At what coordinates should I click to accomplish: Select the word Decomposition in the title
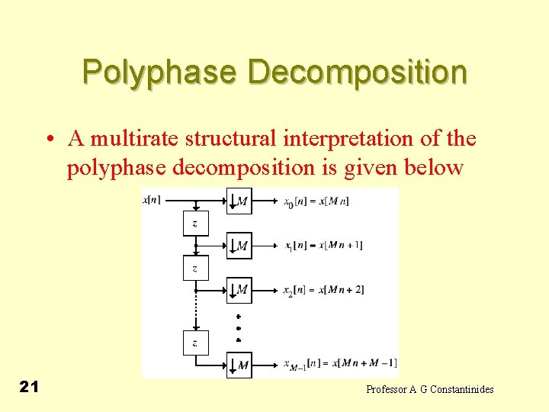pos(357,72)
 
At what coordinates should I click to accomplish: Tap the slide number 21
pos(29,388)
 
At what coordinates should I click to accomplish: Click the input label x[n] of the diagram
pos(152,201)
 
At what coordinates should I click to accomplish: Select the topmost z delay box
pos(195,224)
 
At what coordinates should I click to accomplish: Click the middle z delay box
pos(195,269)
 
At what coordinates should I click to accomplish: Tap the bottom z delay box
pos(195,343)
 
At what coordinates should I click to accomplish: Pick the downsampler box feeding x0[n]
pos(239,201)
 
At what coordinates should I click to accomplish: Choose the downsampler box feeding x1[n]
pos(239,246)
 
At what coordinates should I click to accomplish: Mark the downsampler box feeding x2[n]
pos(239,289)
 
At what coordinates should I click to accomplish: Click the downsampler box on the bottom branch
pos(239,365)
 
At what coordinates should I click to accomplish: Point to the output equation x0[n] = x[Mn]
pos(316,201)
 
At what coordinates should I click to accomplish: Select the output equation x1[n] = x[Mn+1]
pos(323,246)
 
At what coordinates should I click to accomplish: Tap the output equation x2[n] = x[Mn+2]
pos(323,290)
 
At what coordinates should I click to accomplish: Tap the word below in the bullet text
pos(432,166)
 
